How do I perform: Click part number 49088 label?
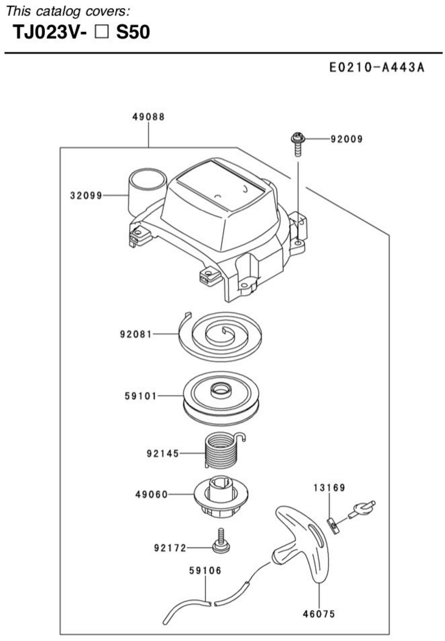[148, 117]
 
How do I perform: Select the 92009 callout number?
[347, 139]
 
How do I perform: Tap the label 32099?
[86, 196]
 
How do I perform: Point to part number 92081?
[136, 334]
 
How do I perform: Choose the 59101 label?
[141, 396]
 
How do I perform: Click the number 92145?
[163, 454]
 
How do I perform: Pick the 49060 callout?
[152, 495]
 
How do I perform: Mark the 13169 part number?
[329, 488]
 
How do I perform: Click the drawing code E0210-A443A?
[377, 68]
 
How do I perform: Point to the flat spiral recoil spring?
[220, 336]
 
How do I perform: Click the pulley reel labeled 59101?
[222, 399]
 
